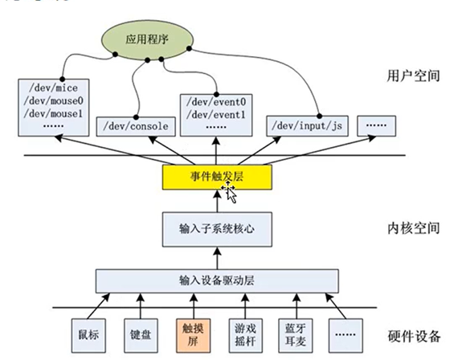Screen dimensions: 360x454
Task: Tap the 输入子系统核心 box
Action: point(215,228)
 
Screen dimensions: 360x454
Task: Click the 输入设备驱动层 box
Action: point(215,280)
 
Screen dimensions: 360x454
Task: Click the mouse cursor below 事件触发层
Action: point(231,192)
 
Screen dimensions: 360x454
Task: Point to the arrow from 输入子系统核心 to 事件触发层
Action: point(215,201)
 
